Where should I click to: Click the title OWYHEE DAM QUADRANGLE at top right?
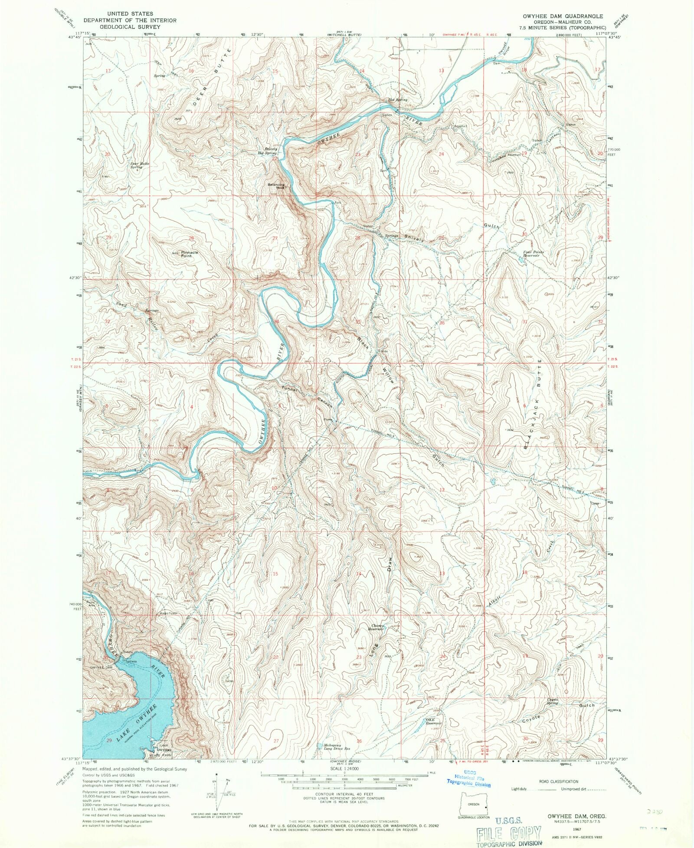tap(562, 16)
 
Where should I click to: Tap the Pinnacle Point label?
tap(189, 254)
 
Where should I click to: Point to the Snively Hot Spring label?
tap(267, 151)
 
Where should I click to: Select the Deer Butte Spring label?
tap(140, 165)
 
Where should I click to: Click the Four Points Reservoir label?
tap(533, 254)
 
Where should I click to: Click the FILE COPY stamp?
tap(508, 834)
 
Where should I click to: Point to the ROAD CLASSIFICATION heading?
tap(559, 782)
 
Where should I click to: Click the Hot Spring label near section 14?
tap(397, 99)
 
